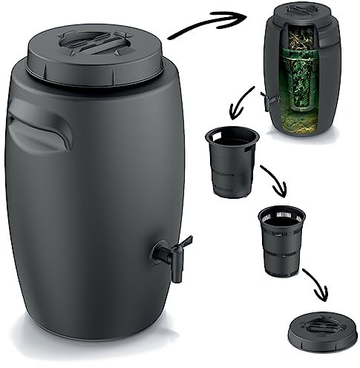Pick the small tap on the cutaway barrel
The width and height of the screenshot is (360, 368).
coord(266,101)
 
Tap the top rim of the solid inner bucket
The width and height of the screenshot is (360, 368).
coord(232,136)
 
